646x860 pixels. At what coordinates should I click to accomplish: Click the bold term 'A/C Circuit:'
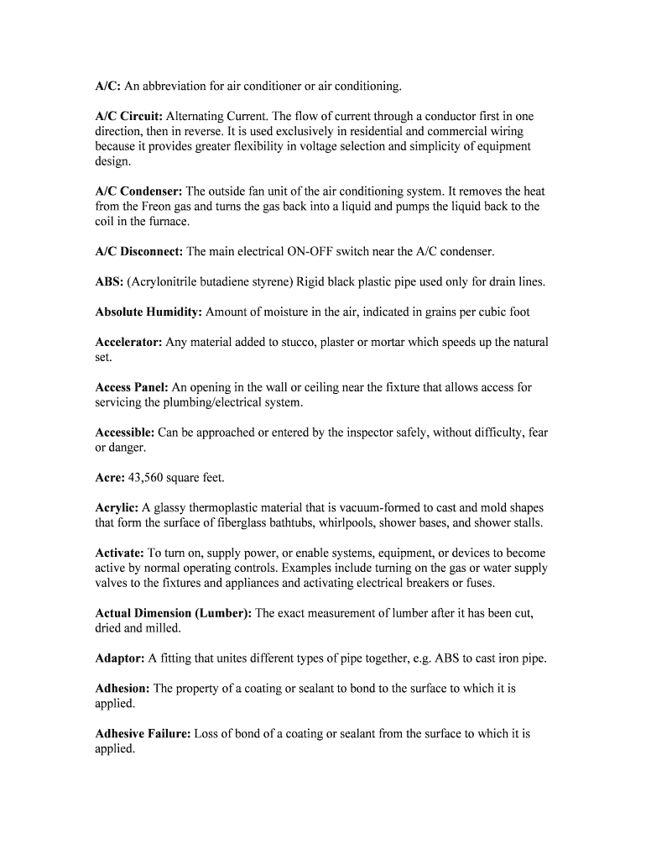tap(129, 116)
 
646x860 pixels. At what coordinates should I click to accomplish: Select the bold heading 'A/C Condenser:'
tap(138, 191)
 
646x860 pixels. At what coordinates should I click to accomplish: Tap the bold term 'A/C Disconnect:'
tap(139, 251)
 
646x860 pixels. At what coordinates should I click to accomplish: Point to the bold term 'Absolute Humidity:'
tap(148, 312)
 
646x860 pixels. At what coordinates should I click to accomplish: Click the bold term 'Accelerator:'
tap(128, 342)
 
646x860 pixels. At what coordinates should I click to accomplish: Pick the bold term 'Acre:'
tap(110, 477)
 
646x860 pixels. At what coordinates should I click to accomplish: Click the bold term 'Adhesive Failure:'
tap(143, 733)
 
